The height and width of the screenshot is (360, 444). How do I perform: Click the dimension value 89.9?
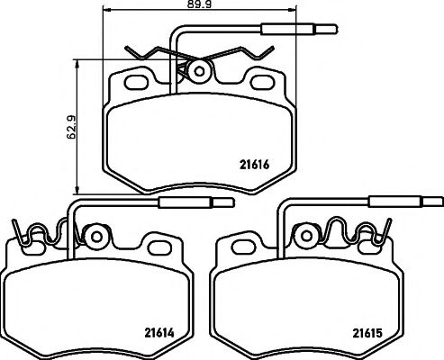click(194, 6)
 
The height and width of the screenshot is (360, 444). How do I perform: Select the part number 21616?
click(256, 164)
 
